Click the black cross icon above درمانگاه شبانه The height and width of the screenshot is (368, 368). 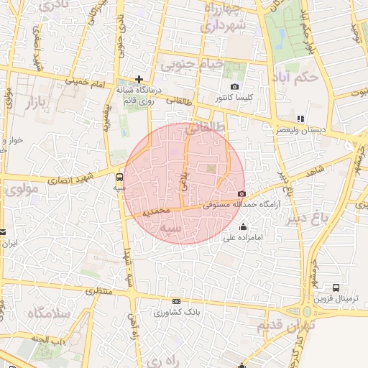139,79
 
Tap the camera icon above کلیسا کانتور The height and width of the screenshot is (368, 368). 234,87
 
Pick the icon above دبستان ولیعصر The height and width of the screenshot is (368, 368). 300,119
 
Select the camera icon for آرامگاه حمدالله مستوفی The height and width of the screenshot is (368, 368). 240,193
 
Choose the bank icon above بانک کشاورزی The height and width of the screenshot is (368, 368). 176,302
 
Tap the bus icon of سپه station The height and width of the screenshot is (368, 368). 119,175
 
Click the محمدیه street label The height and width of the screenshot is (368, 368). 156,213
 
